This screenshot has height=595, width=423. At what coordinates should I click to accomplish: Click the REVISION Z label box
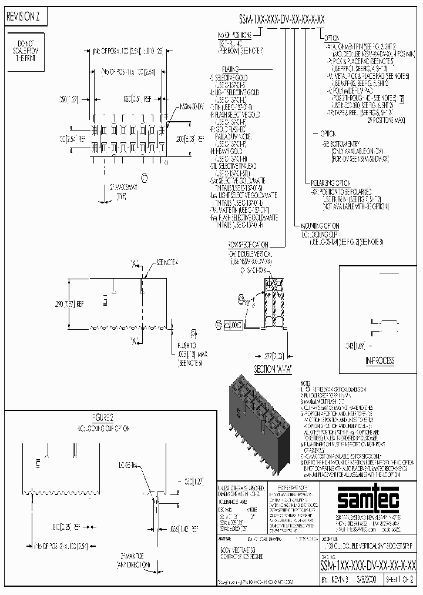point(23,18)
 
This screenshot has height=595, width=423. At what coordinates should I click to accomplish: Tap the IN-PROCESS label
point(380,360)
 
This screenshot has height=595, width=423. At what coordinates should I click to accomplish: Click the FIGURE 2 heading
point(102,417)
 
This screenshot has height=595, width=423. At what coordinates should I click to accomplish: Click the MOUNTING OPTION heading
point(320,225)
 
